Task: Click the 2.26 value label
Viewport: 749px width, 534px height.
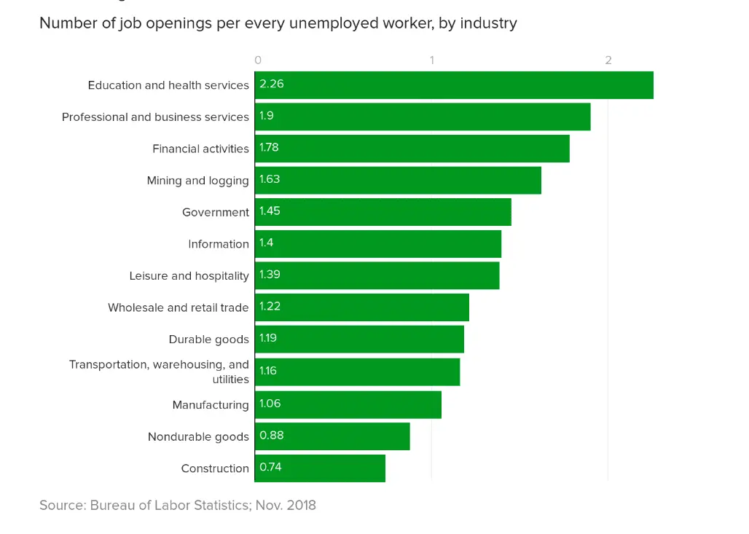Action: [x=272, y=84]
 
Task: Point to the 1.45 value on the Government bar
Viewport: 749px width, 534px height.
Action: [x=270, y=211]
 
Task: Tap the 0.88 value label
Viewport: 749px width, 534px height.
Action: [x=272, y=436]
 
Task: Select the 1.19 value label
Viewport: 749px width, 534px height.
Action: [x=268, y=338]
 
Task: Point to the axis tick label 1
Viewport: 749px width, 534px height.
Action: [x=432, y=60]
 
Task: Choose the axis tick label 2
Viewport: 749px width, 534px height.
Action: [x=608, y=60]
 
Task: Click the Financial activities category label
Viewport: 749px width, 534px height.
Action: [x=200, y=149]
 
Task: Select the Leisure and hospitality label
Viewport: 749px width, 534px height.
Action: [x=189, y=276]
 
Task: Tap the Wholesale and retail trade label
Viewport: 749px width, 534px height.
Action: [x=178, y=307]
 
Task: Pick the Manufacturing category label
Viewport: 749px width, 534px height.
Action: [x=211, y=405]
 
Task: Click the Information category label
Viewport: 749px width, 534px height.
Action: [x=219, y=244]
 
